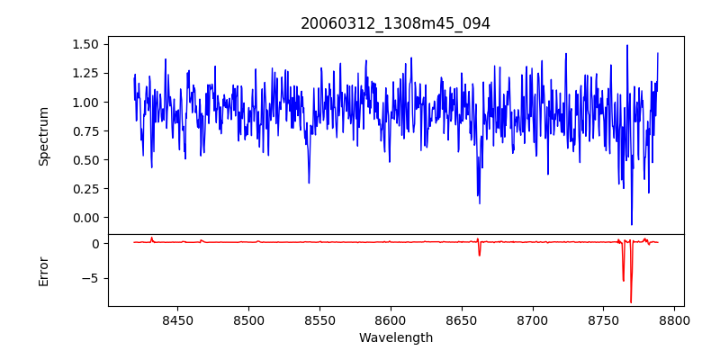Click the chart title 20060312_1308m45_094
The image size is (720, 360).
[x=395, y=24]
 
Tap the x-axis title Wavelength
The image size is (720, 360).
[x=395, y=338]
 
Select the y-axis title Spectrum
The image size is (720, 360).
[x=44, y=136]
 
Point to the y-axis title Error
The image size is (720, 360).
[x=44, y=271]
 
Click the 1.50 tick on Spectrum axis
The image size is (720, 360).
[x=85, y=44]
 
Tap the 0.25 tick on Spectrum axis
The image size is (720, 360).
[x=85, y=189]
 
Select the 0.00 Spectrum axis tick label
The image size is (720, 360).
[x=85, y=218]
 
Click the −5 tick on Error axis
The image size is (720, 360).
[x=94, y=278]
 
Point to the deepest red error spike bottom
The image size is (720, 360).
[x=631, y=302]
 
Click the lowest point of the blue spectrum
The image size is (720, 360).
[x=631, y=225]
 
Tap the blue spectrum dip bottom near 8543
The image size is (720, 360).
[x=309, y=183]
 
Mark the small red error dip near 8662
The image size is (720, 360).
[x=480, y=255]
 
